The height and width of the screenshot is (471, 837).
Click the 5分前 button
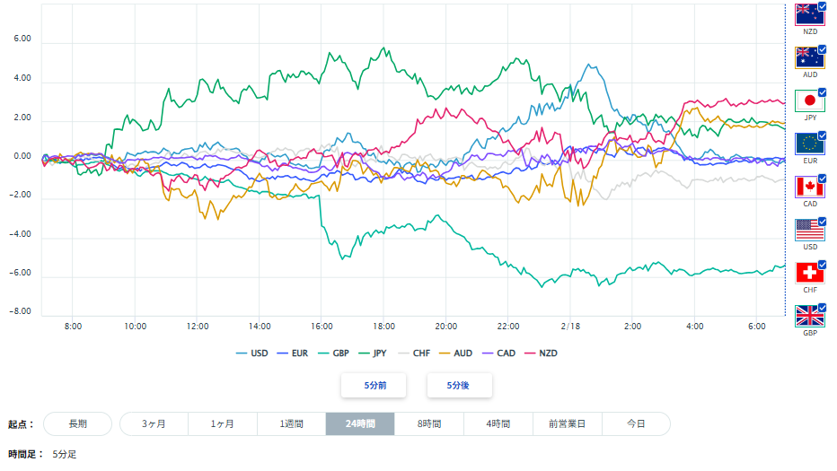click(374, 385)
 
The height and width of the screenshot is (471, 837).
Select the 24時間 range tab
click(359, 423)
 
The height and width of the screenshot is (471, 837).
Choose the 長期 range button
click(77, 423)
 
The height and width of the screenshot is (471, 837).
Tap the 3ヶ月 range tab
click(154, 423)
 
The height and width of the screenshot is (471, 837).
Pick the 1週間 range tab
click(291, 423)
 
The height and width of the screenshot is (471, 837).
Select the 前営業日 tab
click(567, 423)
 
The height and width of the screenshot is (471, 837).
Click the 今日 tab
click(635, 423)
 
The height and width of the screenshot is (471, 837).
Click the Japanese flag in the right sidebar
click(809, 100)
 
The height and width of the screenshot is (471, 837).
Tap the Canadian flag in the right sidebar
click(809, 187)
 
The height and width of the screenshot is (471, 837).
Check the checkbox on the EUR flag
click(822, 136)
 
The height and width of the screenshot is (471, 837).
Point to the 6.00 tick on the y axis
click(22, 39)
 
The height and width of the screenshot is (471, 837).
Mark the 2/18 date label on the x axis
click(571, 326)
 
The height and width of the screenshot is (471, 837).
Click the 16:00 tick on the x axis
click(322, 326)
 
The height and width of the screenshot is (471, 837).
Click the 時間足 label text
click(25, 454)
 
